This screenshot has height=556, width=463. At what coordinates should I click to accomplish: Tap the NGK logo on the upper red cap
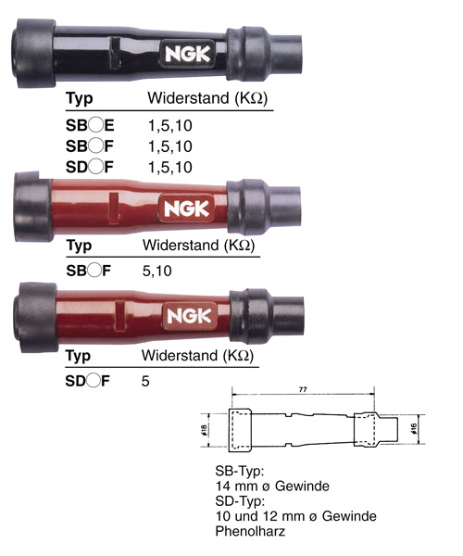tap(187, 207)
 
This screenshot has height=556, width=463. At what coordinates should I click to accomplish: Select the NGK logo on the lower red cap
tap(190, 315)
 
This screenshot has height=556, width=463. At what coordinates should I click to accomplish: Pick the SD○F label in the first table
tap(88, 167)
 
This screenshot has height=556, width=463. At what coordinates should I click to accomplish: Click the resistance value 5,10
tap(160, 272)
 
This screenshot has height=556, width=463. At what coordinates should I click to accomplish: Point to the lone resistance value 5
tap(146, 380)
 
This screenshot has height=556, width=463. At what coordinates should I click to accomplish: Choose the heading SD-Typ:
tap(238, 499)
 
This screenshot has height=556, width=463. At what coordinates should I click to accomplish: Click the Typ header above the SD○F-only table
tap(79, 356)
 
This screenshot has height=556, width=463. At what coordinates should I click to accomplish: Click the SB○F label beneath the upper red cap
tap(88, 272)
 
